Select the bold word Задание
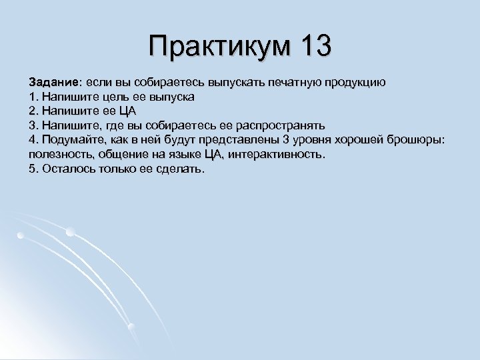(53, 82)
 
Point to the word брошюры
(415, 140)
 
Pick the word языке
(180, 155)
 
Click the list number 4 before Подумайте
(32, 140)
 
